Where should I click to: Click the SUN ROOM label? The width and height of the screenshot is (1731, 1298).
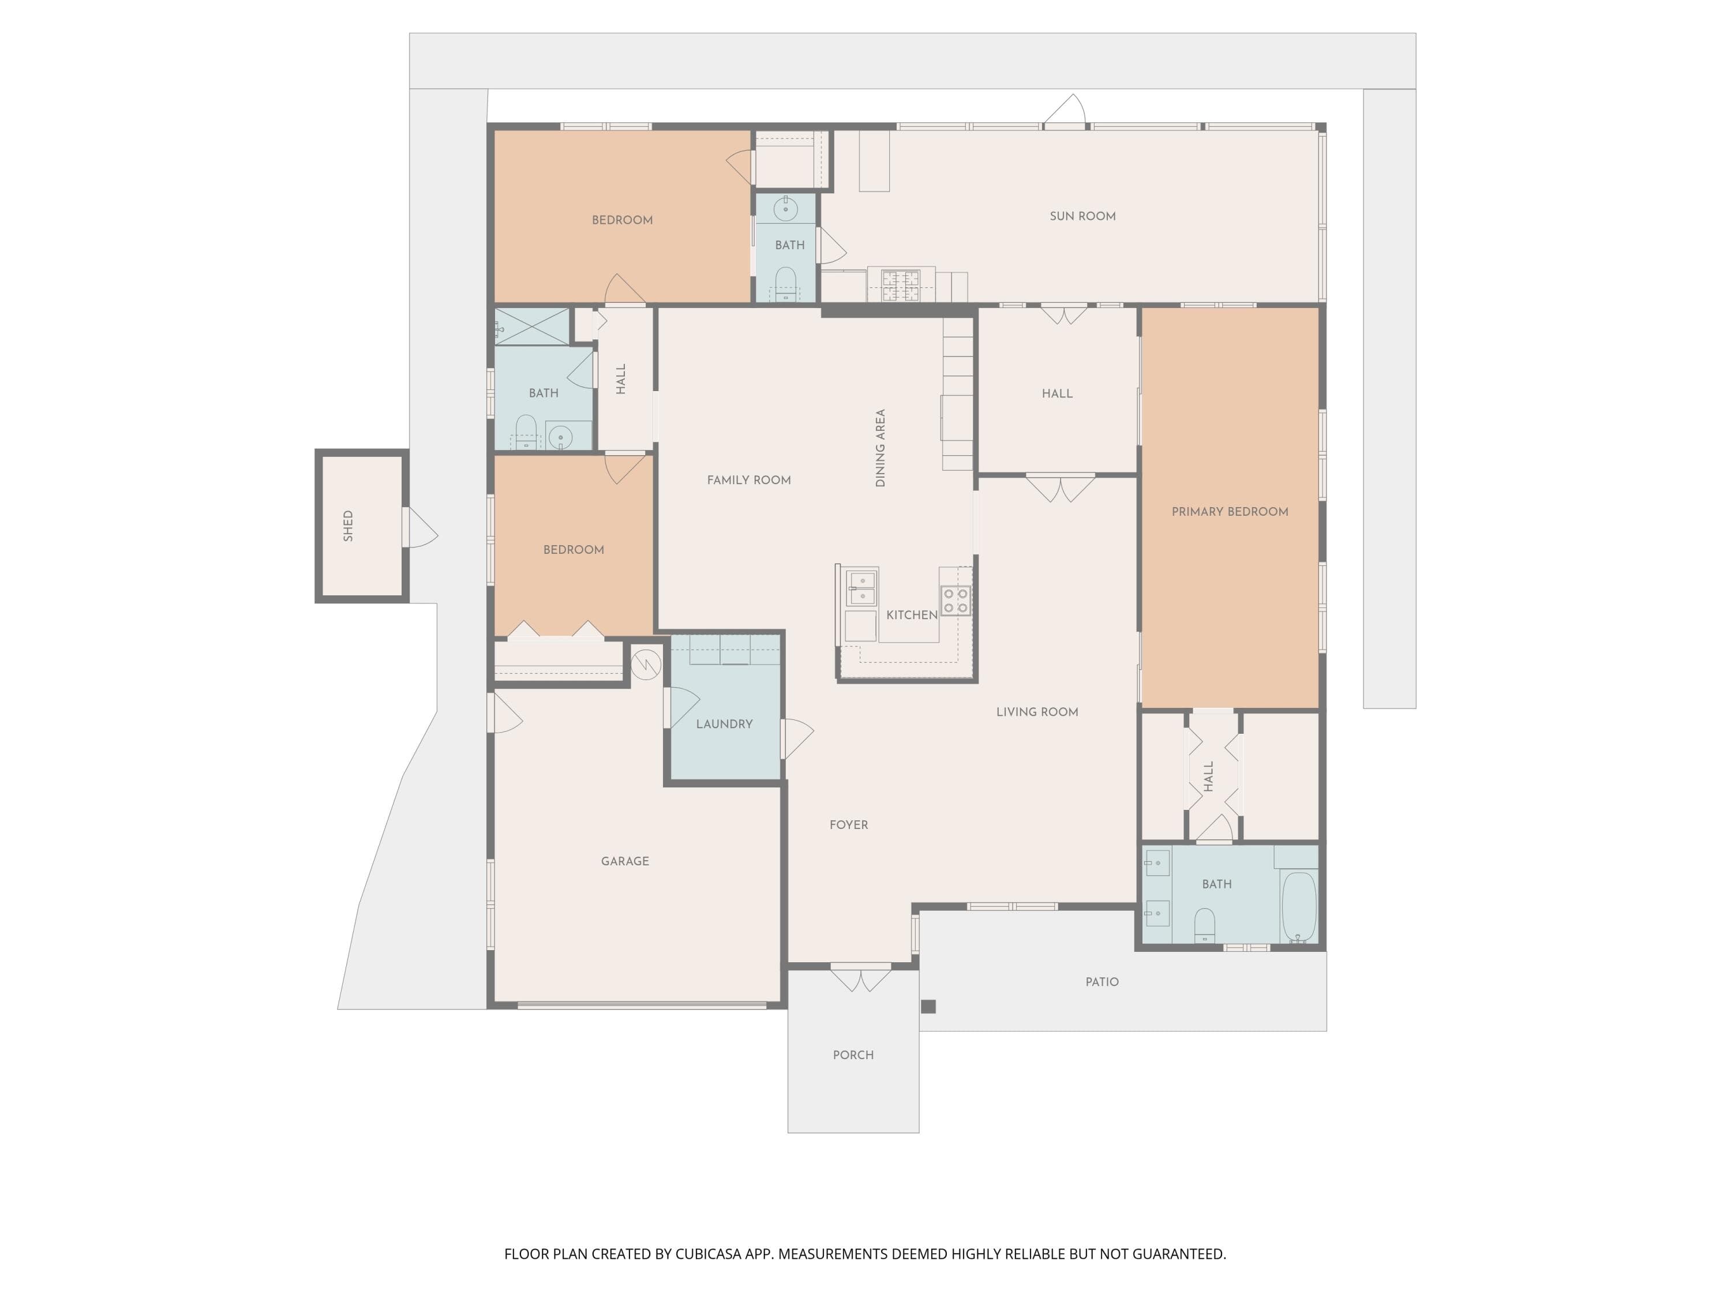coord(1082,216)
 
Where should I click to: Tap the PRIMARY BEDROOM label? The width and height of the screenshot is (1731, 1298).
coord(1230,512)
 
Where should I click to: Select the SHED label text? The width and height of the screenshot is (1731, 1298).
coord(349,526)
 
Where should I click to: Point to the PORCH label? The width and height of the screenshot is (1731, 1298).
coord(853,1055)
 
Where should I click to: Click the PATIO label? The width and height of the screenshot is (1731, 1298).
coord(1102,982)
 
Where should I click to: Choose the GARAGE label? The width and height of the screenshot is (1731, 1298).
coord(624,861)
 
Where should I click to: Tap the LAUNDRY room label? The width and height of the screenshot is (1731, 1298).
coord(724,724)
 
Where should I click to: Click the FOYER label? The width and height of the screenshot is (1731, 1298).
coord(848,824)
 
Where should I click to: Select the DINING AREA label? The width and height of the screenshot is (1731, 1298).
coord(881,448)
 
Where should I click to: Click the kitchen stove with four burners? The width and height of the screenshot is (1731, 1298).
coord(956,600)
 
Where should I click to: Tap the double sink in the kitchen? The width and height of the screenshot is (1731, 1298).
coord(861,588)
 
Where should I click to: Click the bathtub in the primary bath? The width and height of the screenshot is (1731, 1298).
coord(1299,907)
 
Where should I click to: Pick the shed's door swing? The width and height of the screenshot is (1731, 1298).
coord(420,527)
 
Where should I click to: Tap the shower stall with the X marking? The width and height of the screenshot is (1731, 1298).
coord(532,327)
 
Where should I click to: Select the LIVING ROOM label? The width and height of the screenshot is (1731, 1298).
coord(1037,712)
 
